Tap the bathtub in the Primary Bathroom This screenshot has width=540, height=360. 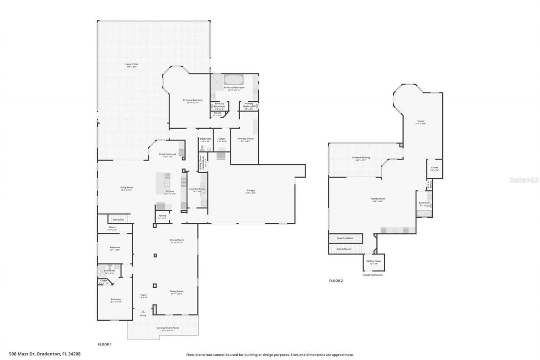coord(233,79)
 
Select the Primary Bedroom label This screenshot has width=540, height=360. coord(193,100)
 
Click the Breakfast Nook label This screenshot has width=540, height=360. coord(167,154)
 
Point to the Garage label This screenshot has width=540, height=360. coord(251,191)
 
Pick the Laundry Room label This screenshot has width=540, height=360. coord(197,189)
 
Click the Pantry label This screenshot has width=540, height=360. coord(162,216)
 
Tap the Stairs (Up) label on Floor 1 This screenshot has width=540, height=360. coord(118,219)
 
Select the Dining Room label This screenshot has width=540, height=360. coord(176,241)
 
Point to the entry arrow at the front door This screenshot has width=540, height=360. coord(143,311)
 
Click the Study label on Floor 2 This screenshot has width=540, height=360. coord(421,122)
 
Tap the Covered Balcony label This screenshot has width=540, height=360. coord(361,158)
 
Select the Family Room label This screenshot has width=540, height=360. coord(378,199)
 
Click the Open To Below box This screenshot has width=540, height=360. coord(346,238)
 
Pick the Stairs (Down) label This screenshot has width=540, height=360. coord(344,249)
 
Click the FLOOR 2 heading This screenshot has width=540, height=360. coord(336,280)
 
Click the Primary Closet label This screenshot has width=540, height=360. coord(245,139)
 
